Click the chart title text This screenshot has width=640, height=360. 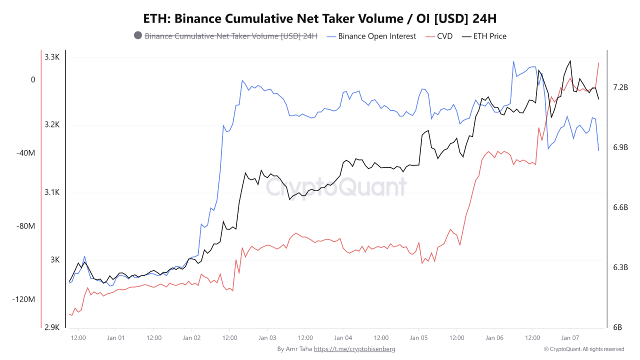click(319, 18)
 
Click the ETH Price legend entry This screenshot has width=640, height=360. click(489, 36)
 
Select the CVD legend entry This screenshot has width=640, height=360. click(444, 36)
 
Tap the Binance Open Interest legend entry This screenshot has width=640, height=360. click(376, 36)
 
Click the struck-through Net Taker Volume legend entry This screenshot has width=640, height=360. click(230, 36)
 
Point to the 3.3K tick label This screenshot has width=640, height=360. click(52, 57)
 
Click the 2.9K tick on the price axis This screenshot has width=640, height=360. click(52, 327)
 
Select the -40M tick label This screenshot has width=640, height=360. click(25, 152)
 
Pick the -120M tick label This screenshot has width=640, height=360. click(24, 299)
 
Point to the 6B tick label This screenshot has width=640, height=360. click(617, 327)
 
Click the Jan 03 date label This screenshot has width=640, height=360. click(267, 337)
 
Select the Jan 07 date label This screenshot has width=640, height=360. click(570, 337)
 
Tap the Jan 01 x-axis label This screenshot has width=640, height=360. click(115, 337)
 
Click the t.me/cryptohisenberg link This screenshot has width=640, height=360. click(354, 349)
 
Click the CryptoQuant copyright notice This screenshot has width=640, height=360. click(584, 349)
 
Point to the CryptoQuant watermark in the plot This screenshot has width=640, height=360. click(335, 187)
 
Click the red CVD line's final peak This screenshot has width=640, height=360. click(598, 63)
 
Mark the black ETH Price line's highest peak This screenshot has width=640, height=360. click(570, 61)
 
